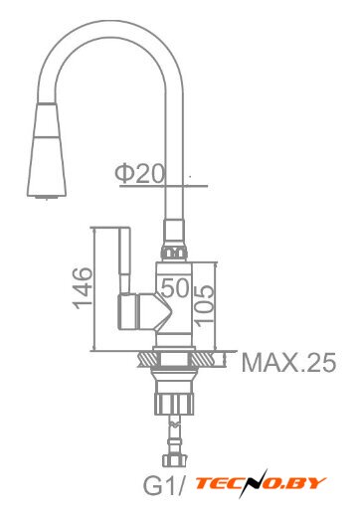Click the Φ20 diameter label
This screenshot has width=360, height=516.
click(139, 174)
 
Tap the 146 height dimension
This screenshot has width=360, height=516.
click(83, 287)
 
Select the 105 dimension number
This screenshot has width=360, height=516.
click(204, 303)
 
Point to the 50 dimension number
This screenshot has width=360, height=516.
click(175, 287)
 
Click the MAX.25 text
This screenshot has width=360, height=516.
click(288, 362)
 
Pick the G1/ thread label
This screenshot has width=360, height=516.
click(163, 485)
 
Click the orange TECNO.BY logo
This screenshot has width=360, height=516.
click(261, 484)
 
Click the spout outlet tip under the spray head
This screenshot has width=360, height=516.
click(47, 198)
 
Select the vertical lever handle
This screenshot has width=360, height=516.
click(124, 260)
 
